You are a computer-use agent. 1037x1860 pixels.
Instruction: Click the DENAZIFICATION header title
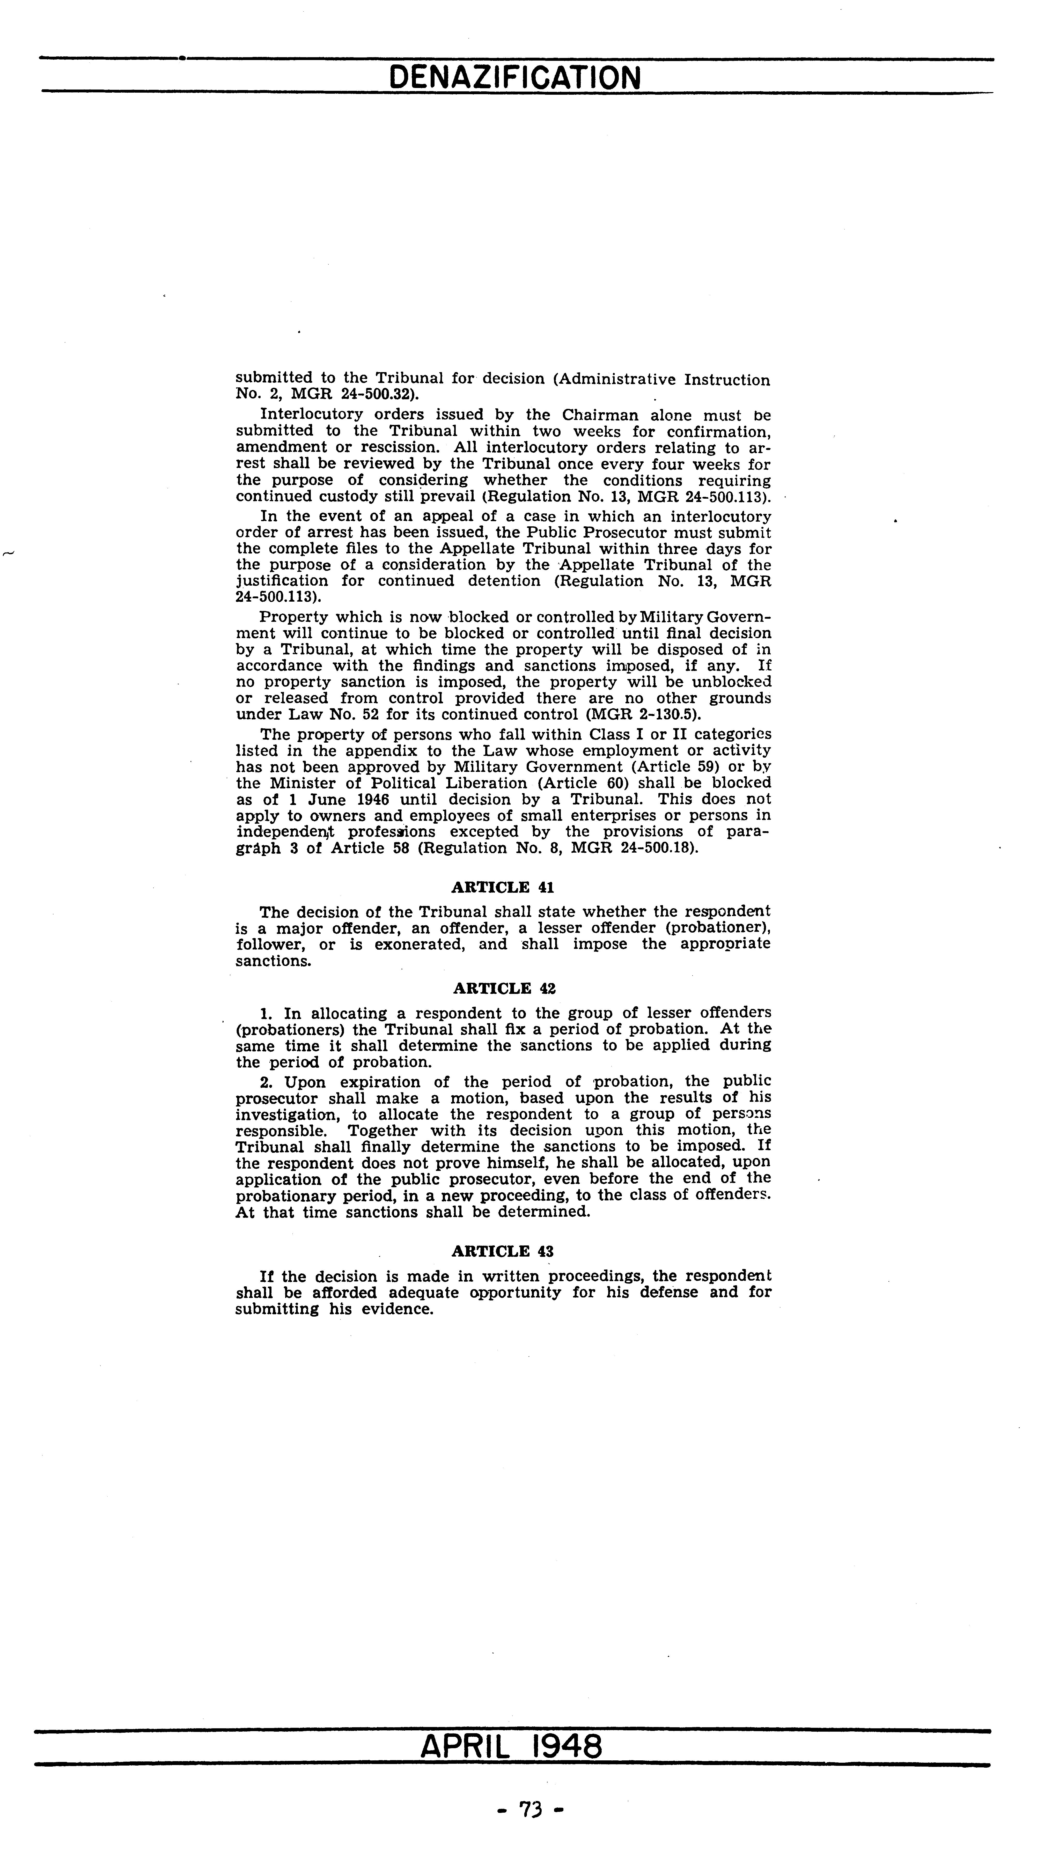point(514,77)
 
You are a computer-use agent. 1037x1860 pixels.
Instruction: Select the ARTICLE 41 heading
point(503,887)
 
